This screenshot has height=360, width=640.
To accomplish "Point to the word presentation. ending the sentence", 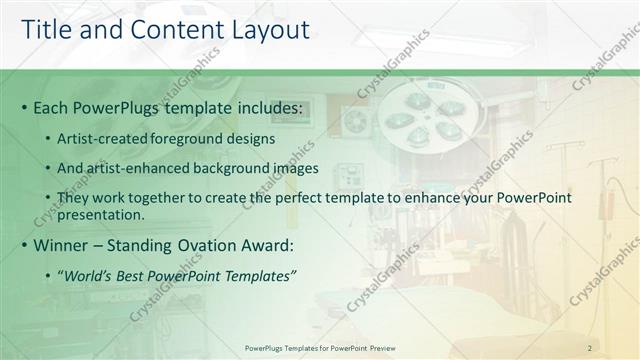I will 101,215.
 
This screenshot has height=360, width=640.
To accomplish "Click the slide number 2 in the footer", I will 590,347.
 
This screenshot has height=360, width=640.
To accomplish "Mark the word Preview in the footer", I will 380,347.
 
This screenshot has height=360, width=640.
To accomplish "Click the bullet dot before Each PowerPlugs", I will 24,108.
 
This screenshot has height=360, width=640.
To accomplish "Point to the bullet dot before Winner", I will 24,245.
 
